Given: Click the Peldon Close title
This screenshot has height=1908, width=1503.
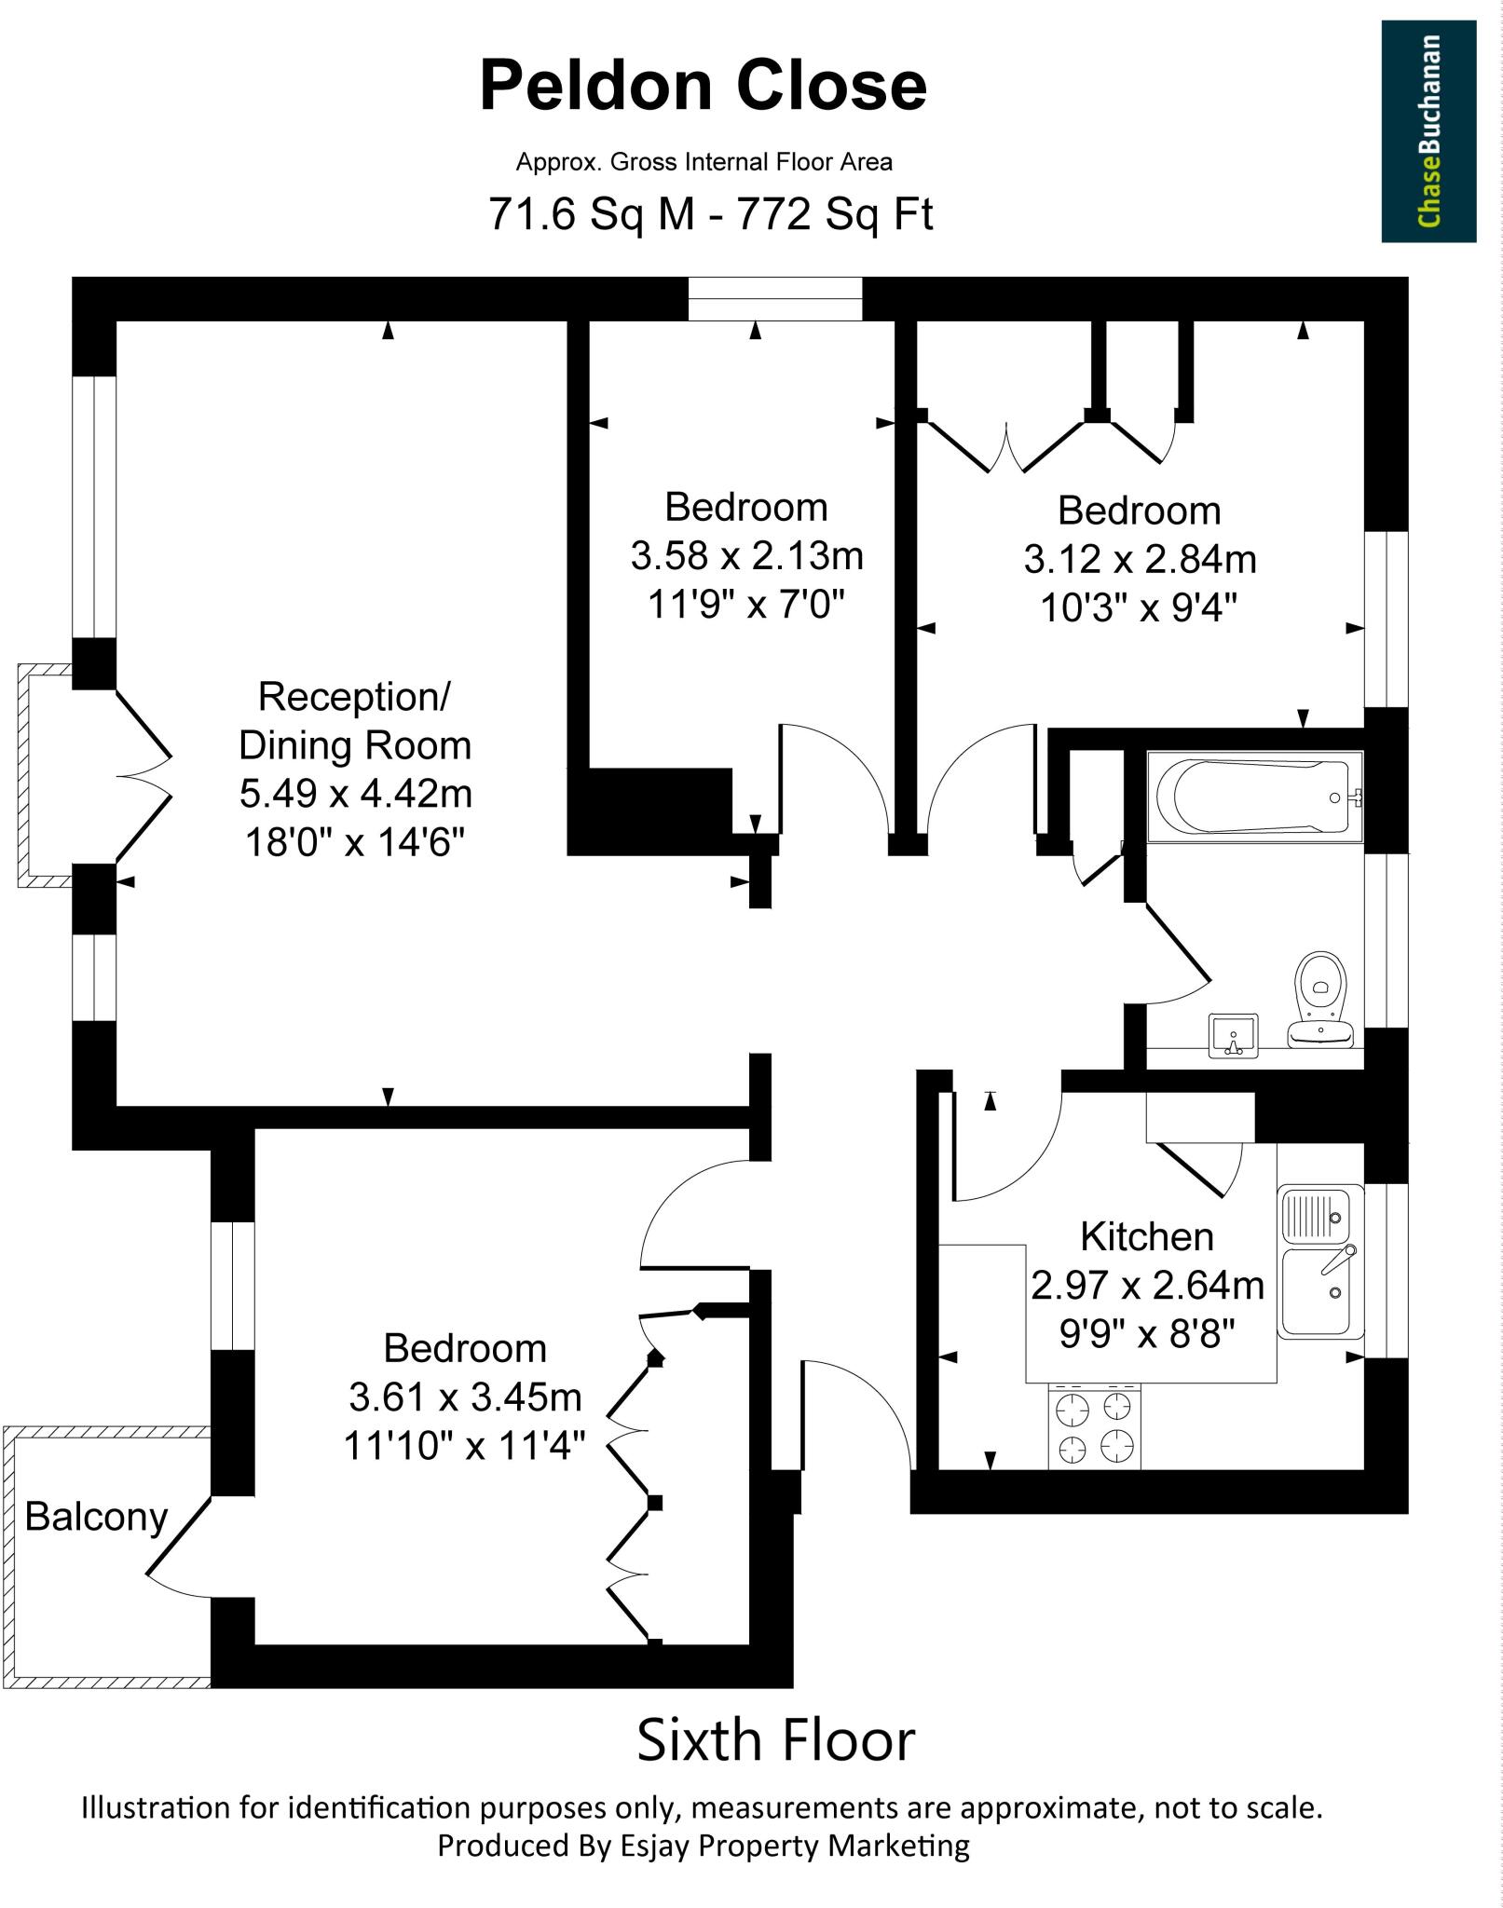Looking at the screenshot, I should pyautogui.click(x=703, y=86).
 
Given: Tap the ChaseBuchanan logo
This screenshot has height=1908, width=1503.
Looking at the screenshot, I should pyautogui.click(x=1428, y=131).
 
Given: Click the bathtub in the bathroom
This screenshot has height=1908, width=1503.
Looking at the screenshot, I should pyautogui.click(x=1253, y=797).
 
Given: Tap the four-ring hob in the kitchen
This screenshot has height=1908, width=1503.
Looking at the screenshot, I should pyautogui.click(x=1094, y=1426).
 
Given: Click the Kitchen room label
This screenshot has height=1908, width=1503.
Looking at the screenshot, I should pyautogui.click(x=1147, y=1236).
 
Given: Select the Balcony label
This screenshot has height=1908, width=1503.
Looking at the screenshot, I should pyautogui.click(x=96, y=1516).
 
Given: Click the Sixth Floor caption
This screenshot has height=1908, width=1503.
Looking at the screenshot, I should pyautogui.click(x=775, y=1740).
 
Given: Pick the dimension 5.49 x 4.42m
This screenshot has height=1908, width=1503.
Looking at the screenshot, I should pyautogui.click(x=355, y=794).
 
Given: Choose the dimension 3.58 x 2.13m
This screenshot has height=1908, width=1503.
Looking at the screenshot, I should pyautogui.click(x=746, y=556).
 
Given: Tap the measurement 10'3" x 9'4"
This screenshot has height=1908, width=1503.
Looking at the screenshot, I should pyautogui.click(x=1139, y=608).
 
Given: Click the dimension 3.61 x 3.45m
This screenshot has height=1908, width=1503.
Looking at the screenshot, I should pyautogui.click(x=465, y=1397).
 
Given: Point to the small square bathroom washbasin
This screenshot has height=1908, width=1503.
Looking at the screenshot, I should pyautogui.click(x=1233, y=1036).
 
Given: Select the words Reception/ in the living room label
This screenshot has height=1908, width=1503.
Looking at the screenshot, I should pyautogui.click(x=355, y=696).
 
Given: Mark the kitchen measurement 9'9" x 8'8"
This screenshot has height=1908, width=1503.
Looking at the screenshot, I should pyautogui.click(x=1147, y=1335).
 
